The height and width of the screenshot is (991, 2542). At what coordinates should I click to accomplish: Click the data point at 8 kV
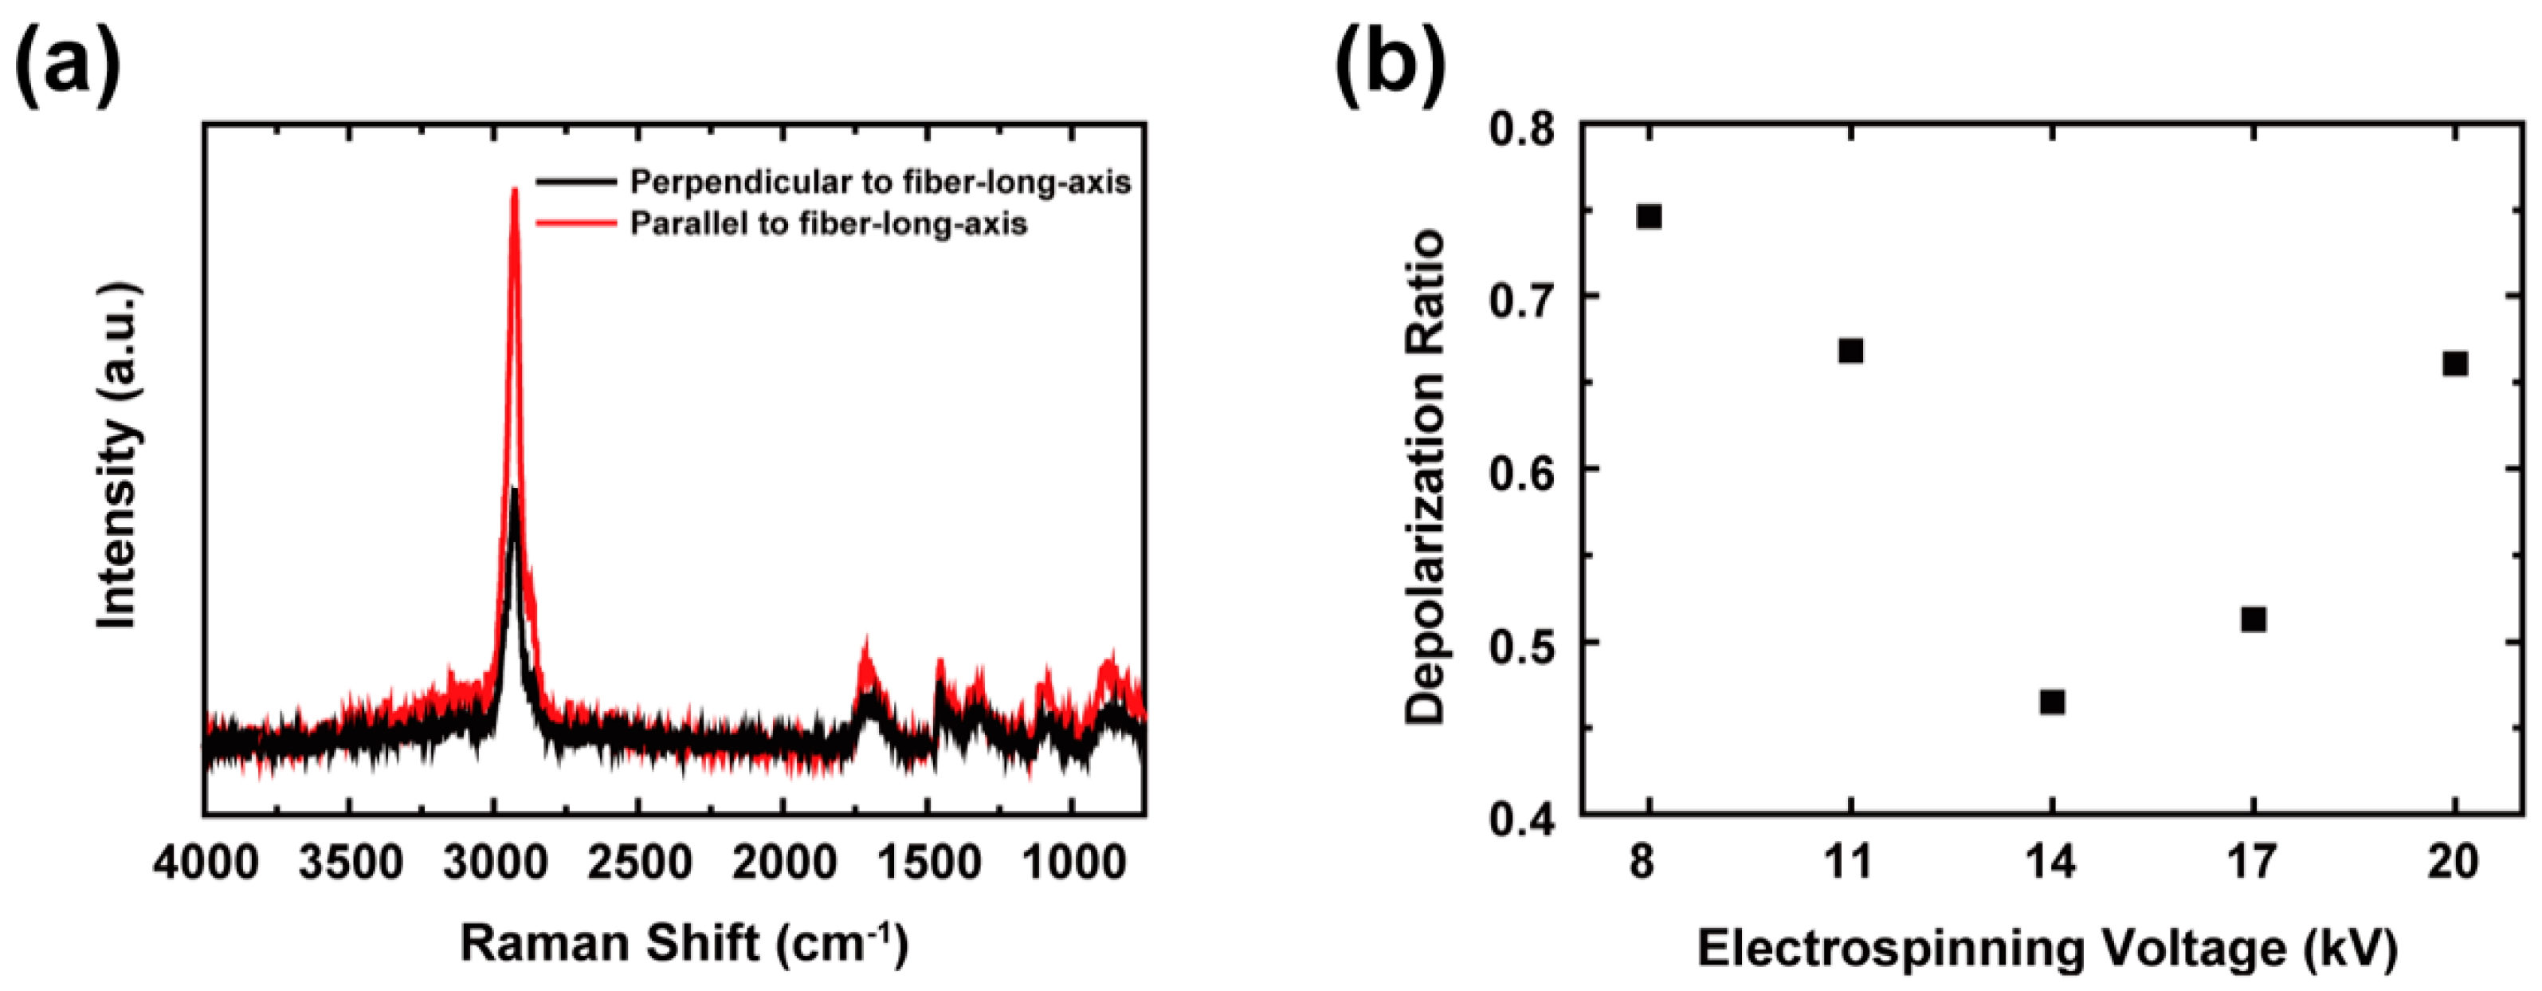point(1649,216)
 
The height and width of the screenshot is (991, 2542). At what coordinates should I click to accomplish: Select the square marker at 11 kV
point(1850,351)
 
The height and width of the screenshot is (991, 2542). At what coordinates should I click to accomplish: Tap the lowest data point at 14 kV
point(2052,702)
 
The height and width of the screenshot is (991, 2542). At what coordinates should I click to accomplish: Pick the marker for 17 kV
point(2253,619)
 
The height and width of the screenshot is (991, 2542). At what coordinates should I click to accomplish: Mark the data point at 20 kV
point(2455,364)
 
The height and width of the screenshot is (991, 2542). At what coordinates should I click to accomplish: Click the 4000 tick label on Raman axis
point(206,865)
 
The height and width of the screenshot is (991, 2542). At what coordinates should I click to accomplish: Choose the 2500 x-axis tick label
point(638,865)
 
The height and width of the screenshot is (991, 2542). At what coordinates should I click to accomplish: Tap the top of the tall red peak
point(514,191)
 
